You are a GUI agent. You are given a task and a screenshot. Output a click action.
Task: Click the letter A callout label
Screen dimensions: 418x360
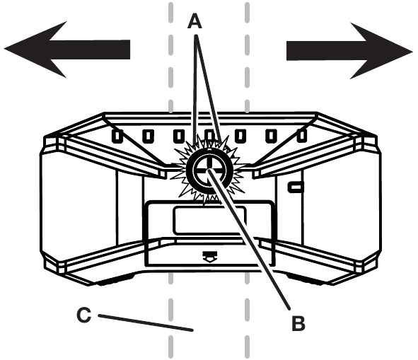[x=195, y=21]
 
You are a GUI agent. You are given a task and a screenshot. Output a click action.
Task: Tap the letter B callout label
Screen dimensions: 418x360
[x=298, y=323]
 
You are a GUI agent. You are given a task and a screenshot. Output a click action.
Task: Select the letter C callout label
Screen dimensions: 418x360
[x=83, y=315]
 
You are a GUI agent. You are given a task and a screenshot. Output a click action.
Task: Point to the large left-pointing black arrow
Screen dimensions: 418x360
[x=67, y=50]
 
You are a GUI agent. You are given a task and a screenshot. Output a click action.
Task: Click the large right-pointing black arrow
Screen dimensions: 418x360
[x=350, y=51]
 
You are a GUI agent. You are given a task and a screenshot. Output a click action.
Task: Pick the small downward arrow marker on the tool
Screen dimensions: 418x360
[x=210, y=256]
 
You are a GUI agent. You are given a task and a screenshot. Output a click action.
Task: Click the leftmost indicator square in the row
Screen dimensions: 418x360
[x=117, y=136]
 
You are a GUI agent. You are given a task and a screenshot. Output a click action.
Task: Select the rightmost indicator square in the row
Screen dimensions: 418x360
[x=302, y=136]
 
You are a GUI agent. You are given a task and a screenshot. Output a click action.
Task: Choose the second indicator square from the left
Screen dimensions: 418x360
[x=148, y=136]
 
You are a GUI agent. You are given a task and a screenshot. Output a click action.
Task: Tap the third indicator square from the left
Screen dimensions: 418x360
[x=179, y=136]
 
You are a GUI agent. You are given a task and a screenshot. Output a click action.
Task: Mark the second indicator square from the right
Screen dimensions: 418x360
[x=271, y=136]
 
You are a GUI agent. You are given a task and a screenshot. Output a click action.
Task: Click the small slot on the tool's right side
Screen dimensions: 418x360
[x=296, y=187]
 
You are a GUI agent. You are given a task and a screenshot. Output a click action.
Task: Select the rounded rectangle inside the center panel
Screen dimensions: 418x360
[x=209, y=220]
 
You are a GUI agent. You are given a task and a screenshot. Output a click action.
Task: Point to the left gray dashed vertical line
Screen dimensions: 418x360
[x=170, y=180]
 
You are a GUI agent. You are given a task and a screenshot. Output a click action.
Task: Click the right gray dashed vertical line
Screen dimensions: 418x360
[x=247, y=180]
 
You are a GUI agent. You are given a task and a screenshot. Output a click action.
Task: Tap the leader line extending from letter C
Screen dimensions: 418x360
[x=146, y=323]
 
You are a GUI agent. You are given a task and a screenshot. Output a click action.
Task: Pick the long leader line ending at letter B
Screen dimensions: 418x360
[x=250, y=239]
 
